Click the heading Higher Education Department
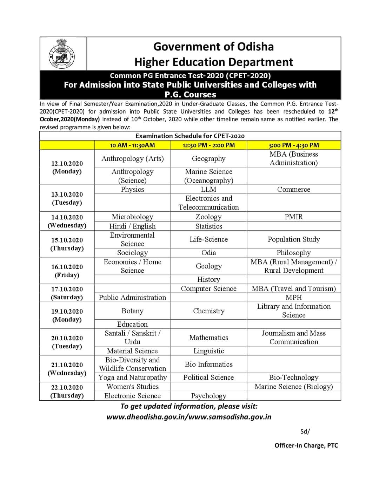point(213,62)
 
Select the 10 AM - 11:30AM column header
point(132,145)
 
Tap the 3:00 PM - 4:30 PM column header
point(294,145)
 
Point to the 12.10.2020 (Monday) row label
point(67,168)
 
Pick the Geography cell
point(208,158)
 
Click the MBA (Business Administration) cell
point(294,158)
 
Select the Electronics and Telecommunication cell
point(208,203)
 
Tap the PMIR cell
point(294,217)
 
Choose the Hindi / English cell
point(132,226)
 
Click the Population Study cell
point(294,239)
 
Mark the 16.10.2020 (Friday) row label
point(67,271)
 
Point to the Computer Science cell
point(208,288)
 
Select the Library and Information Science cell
point(294,311)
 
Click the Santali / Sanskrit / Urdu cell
point(132,337)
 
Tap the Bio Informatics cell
point(208,364)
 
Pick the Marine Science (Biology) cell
point(294,387)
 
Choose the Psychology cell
point(208,396)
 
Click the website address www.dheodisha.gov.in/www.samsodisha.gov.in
point(189,417)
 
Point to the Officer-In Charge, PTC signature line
point(306,445)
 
